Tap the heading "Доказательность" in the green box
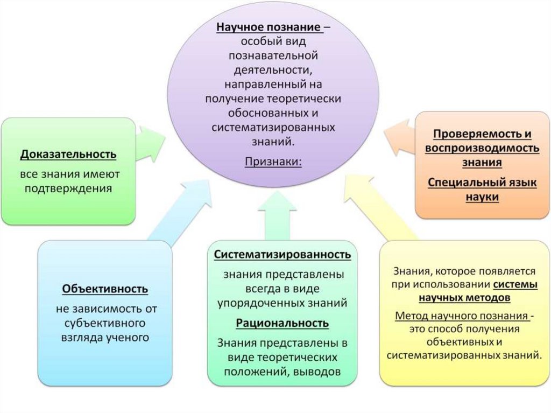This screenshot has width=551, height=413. click(x=68, y=155)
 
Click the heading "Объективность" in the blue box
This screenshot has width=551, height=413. click(x=105, y=289)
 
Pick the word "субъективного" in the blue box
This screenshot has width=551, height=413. click(x=105, y=324)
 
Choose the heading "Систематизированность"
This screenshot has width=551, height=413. click(x=282, y=254)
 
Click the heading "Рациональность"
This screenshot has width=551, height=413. click(x=282, y=323)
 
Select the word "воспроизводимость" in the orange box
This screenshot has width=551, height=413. click(x=482, y=148)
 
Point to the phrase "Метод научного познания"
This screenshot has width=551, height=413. click(x=462, y=316)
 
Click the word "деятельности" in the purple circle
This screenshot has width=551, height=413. click(x=274, y=69)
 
